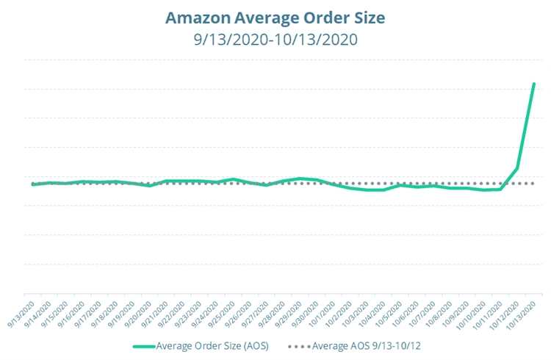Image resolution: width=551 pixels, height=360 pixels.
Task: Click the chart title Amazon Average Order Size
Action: coord(275,16)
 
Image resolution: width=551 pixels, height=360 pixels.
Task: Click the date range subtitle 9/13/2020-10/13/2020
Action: coord(275,38)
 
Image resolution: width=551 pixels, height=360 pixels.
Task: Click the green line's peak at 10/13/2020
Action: coord(534,84)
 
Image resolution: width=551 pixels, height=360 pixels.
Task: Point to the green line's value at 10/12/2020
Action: coord(517,168)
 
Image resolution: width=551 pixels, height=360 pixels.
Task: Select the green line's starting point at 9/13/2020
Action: coord(33,184)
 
